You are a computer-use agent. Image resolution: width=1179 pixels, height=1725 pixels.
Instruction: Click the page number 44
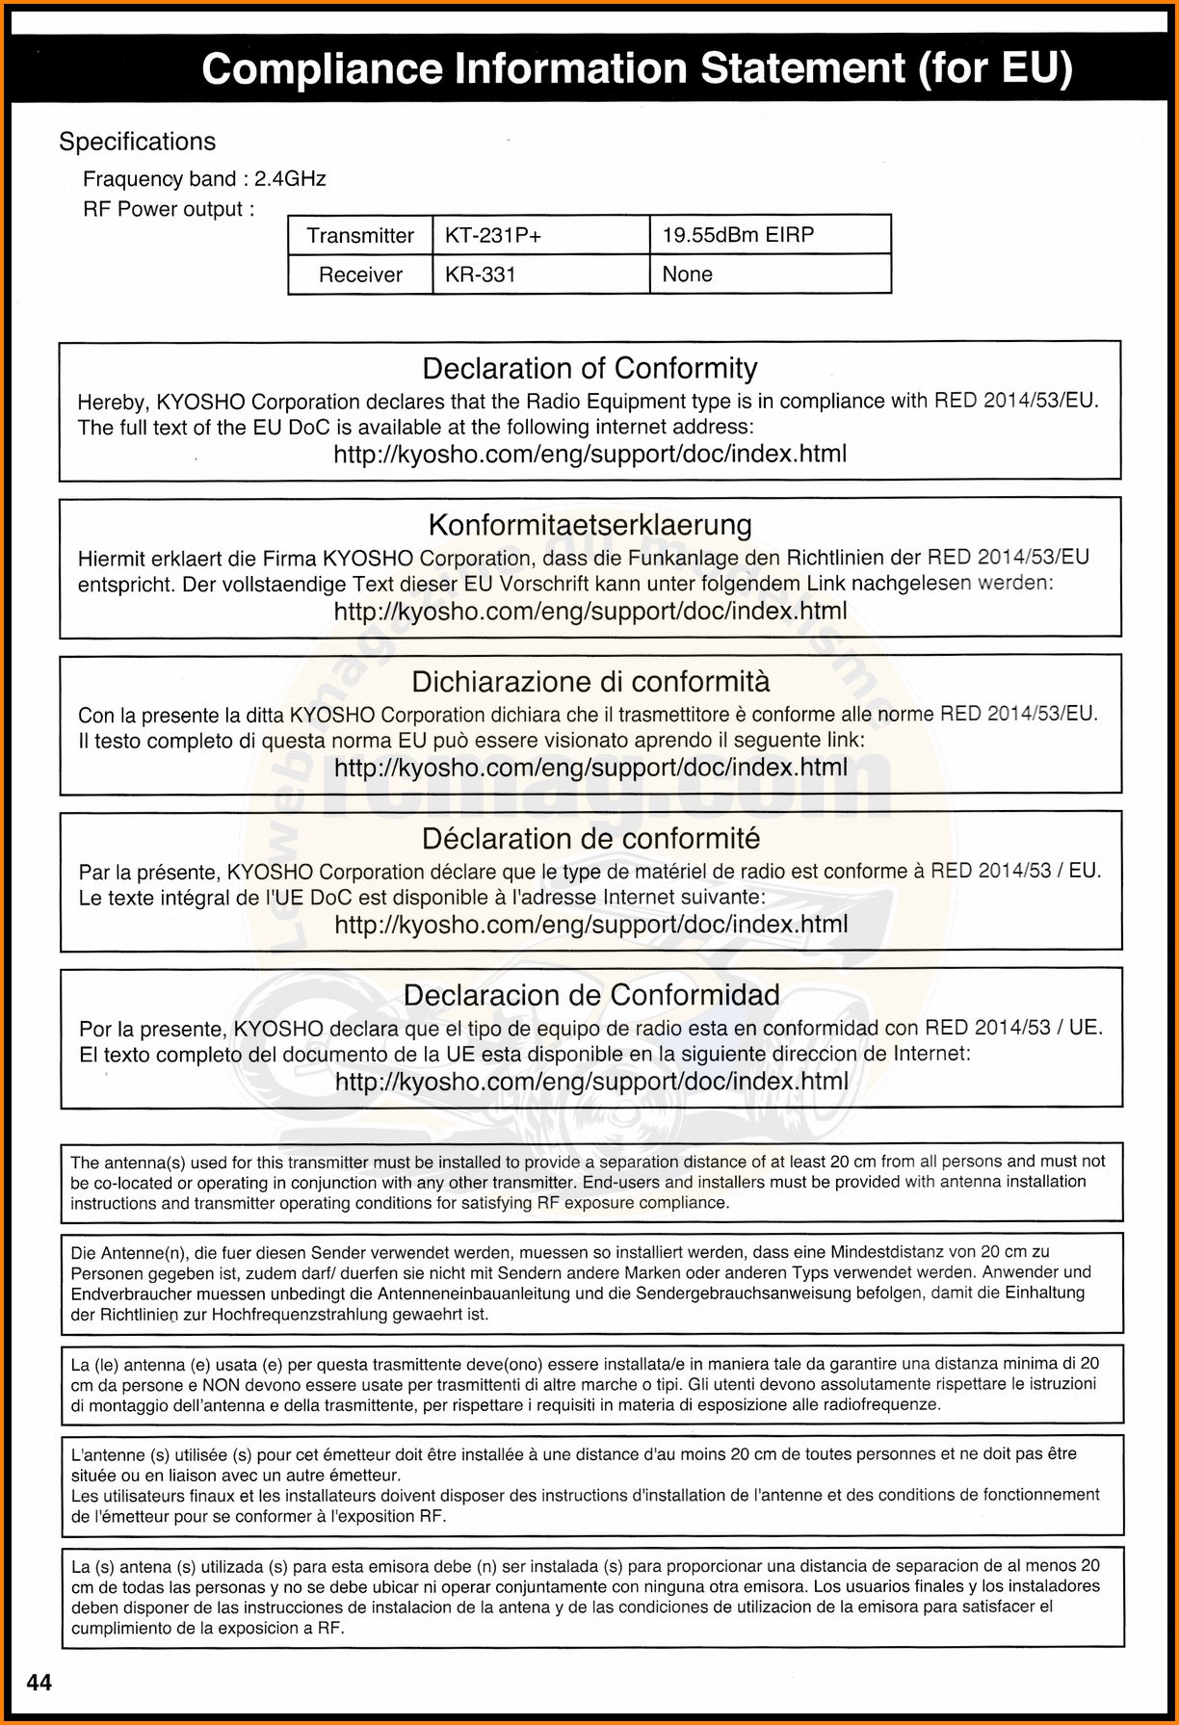coord(39,1683)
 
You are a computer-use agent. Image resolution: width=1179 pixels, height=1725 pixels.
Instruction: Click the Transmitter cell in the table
coord(360,235)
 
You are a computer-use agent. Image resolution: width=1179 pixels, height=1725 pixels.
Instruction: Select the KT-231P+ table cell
coord(492,235)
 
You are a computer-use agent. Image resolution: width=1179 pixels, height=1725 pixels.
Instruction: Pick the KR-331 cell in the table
coord(481,274)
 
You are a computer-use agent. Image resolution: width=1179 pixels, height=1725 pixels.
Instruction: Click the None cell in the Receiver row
coord(688,274)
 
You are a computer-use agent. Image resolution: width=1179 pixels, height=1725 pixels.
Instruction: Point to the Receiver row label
coord(360,274)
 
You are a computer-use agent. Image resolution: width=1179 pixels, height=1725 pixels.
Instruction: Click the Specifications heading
coord(137,142)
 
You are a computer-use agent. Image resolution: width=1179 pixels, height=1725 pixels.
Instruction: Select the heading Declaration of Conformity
coord(589,368)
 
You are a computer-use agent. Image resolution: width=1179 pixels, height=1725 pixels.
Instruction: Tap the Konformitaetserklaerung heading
coord(589,525)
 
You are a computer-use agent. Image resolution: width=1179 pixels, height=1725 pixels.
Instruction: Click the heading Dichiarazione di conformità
coord(590,682)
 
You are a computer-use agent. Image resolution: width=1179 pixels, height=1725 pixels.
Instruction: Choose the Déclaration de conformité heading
coord(590,839)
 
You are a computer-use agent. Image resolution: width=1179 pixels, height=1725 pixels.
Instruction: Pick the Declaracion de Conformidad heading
coord(591,995)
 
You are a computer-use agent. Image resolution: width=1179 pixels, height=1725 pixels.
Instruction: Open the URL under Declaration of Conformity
coord(589,454)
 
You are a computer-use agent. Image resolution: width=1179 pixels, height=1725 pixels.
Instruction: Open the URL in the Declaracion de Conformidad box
coord(591,1082)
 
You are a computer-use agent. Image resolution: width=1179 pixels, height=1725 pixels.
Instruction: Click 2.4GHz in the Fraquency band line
coord(290,179)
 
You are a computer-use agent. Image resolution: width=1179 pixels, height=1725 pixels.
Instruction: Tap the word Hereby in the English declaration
coord(111,402)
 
